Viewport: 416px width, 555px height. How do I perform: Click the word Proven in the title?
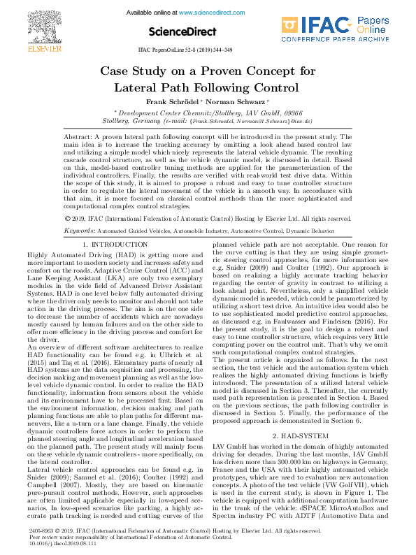(227, 71)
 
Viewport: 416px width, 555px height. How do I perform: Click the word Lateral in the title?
(137, 88)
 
